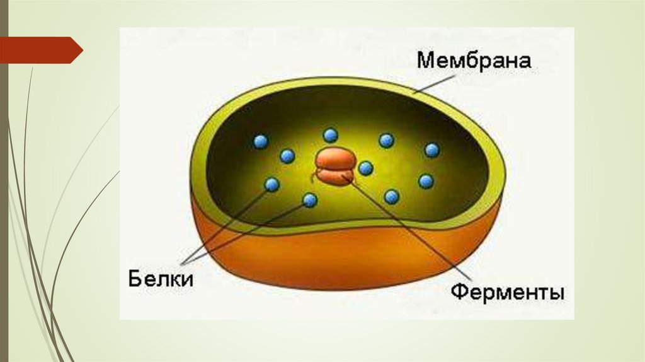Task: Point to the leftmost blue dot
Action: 261,142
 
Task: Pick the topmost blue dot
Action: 330,134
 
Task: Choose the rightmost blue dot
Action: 431,150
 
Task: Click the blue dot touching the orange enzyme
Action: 366,168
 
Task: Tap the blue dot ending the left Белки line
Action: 272,185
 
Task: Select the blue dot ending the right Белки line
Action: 309,201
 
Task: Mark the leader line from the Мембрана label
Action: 441,78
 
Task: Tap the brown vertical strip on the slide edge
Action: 3,189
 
